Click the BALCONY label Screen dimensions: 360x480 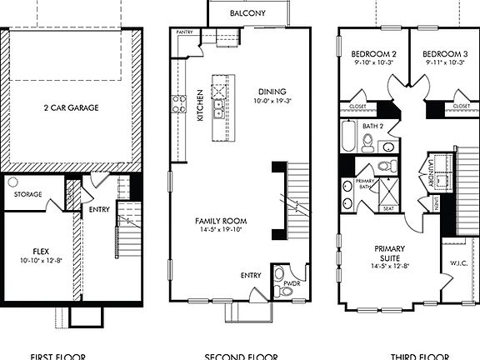pyautogui.click(x=249, y=13)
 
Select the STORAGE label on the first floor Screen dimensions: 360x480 pyautogui.click(x=27, y=194)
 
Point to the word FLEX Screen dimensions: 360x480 pyautogui.click(x=42, y=250)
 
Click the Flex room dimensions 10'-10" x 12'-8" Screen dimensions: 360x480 pyautogui.click(x=42, y=260)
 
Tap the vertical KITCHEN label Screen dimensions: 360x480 pyautogui.click(x=200, y=106)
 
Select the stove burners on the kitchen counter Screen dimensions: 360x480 pyautogui.click(x=178, y=104)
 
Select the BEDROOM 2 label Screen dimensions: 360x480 pyautogui.click(x=372, y=52)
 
